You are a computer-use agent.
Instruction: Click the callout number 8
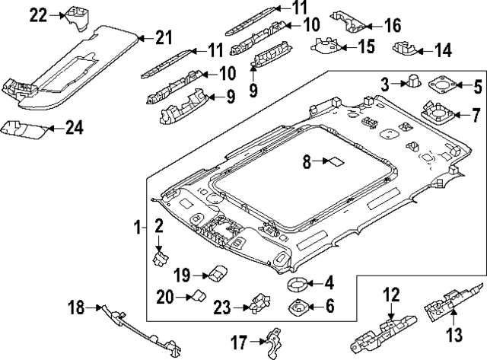point(307,161)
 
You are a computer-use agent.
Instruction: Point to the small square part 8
point(333,161)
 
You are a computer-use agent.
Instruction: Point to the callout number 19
point(180,274)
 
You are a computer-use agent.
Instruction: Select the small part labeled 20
point(199,296)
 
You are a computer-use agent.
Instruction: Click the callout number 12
point(390,294)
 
